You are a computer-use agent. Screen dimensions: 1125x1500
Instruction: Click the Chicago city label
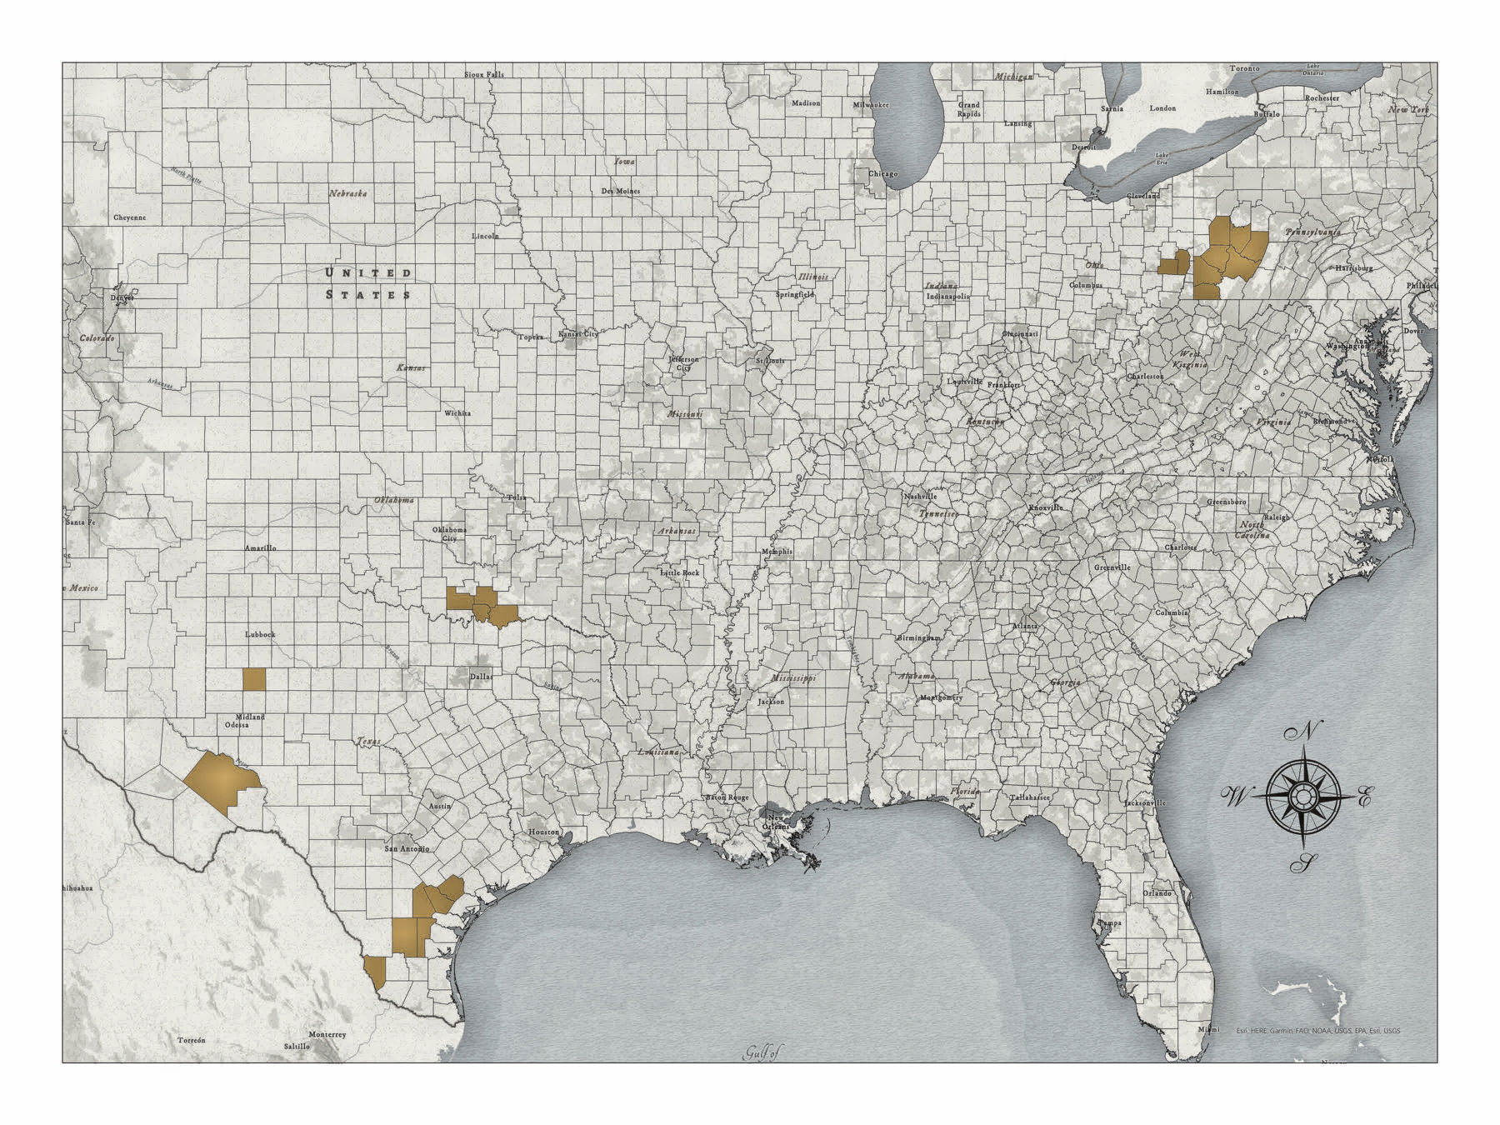coord(882,173)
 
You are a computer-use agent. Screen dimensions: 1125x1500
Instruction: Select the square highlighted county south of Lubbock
coord(254,679)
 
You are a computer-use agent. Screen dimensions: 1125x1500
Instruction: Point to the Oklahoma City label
coord(449,533)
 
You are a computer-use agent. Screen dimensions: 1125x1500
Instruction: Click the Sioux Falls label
coord(484,74)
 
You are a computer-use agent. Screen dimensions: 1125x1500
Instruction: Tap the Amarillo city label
coord(260,547)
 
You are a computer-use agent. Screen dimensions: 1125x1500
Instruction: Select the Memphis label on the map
coord(777,552)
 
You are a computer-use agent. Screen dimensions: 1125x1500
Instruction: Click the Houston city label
coord(543,832)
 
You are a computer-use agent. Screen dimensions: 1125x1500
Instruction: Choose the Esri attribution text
coord(1317,1031)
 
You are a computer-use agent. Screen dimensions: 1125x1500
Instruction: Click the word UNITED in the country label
coord(367,272)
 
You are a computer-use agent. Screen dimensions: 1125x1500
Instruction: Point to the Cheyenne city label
coord(129,217)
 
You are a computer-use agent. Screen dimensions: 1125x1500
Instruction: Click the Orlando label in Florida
coord(1157,892)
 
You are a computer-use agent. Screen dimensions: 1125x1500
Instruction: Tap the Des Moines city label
coord(620,191)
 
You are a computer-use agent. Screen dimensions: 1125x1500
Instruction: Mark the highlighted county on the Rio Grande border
coord(376,972)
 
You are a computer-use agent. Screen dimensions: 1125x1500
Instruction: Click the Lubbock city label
coord(260,634)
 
